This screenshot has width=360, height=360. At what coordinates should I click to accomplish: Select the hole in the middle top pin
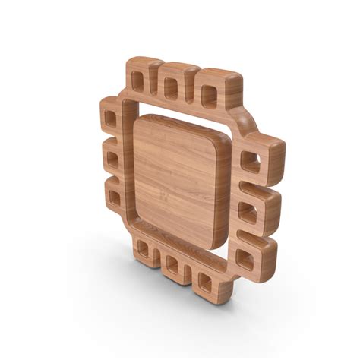tap(171, 88)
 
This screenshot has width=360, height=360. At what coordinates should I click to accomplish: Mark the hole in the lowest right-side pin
tap(244, 258)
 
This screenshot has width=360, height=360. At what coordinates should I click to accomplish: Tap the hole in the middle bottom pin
tap(172, 266)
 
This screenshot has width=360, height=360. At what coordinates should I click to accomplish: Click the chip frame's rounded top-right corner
tap(243, 122)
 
